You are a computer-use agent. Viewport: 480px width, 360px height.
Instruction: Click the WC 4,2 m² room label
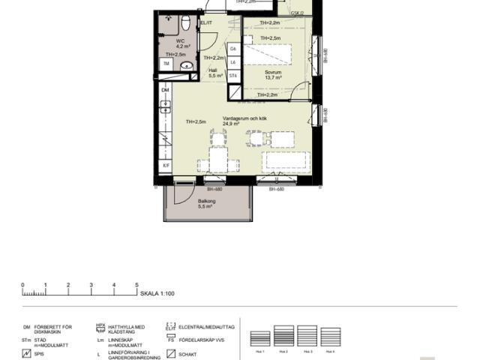pos(181,44)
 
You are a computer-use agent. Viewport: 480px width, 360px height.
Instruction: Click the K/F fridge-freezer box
pos(166,165)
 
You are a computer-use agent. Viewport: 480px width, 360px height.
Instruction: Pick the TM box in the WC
pos(166,64)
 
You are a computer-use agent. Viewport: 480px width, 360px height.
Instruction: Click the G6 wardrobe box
pos(233,49)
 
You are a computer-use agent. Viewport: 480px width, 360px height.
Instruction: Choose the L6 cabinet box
pos(233,62)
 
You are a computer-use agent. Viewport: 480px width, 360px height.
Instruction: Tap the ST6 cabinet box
pos(233,76)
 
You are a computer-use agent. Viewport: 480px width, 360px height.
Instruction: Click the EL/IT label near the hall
pos(205,23)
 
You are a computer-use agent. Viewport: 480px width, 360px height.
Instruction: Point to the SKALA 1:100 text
pos(157,293)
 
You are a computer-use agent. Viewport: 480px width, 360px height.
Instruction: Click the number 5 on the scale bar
pos(136,285)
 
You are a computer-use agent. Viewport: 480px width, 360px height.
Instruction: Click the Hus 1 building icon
pos(259,337)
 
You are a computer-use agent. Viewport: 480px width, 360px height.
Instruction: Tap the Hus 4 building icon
pos(331,337)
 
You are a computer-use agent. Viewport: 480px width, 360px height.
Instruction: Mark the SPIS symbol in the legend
pos(27,353)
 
